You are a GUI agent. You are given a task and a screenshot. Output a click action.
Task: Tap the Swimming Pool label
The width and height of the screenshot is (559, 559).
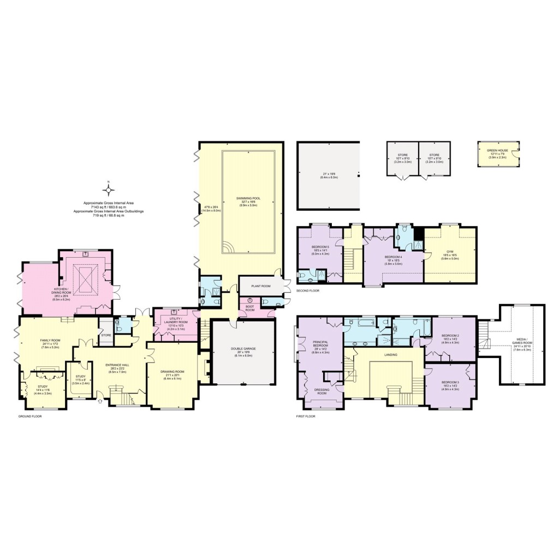point(247,198)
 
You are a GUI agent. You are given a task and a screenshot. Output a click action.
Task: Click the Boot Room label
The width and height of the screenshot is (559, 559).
point(250,308)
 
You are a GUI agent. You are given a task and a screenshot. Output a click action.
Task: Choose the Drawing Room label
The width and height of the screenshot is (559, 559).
point(173,372)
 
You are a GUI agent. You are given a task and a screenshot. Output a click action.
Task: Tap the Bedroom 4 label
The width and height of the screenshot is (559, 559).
point(393,257)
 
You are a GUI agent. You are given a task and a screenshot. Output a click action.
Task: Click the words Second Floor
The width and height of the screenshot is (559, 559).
point(307,291)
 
